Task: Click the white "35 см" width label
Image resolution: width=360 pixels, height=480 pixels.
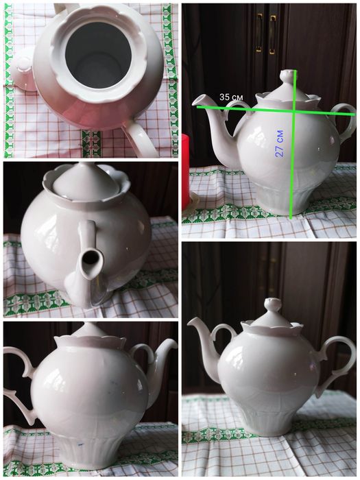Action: [231, 97]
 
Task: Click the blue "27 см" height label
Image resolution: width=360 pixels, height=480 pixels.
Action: [279, 143]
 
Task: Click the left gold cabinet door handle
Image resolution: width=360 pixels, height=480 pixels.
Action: [259, 33]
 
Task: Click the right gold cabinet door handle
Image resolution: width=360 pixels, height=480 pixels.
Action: [272, 34]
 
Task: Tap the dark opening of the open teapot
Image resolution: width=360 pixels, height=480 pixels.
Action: [98, 56]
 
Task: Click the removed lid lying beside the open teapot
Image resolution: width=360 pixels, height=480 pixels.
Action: [23, 72]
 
